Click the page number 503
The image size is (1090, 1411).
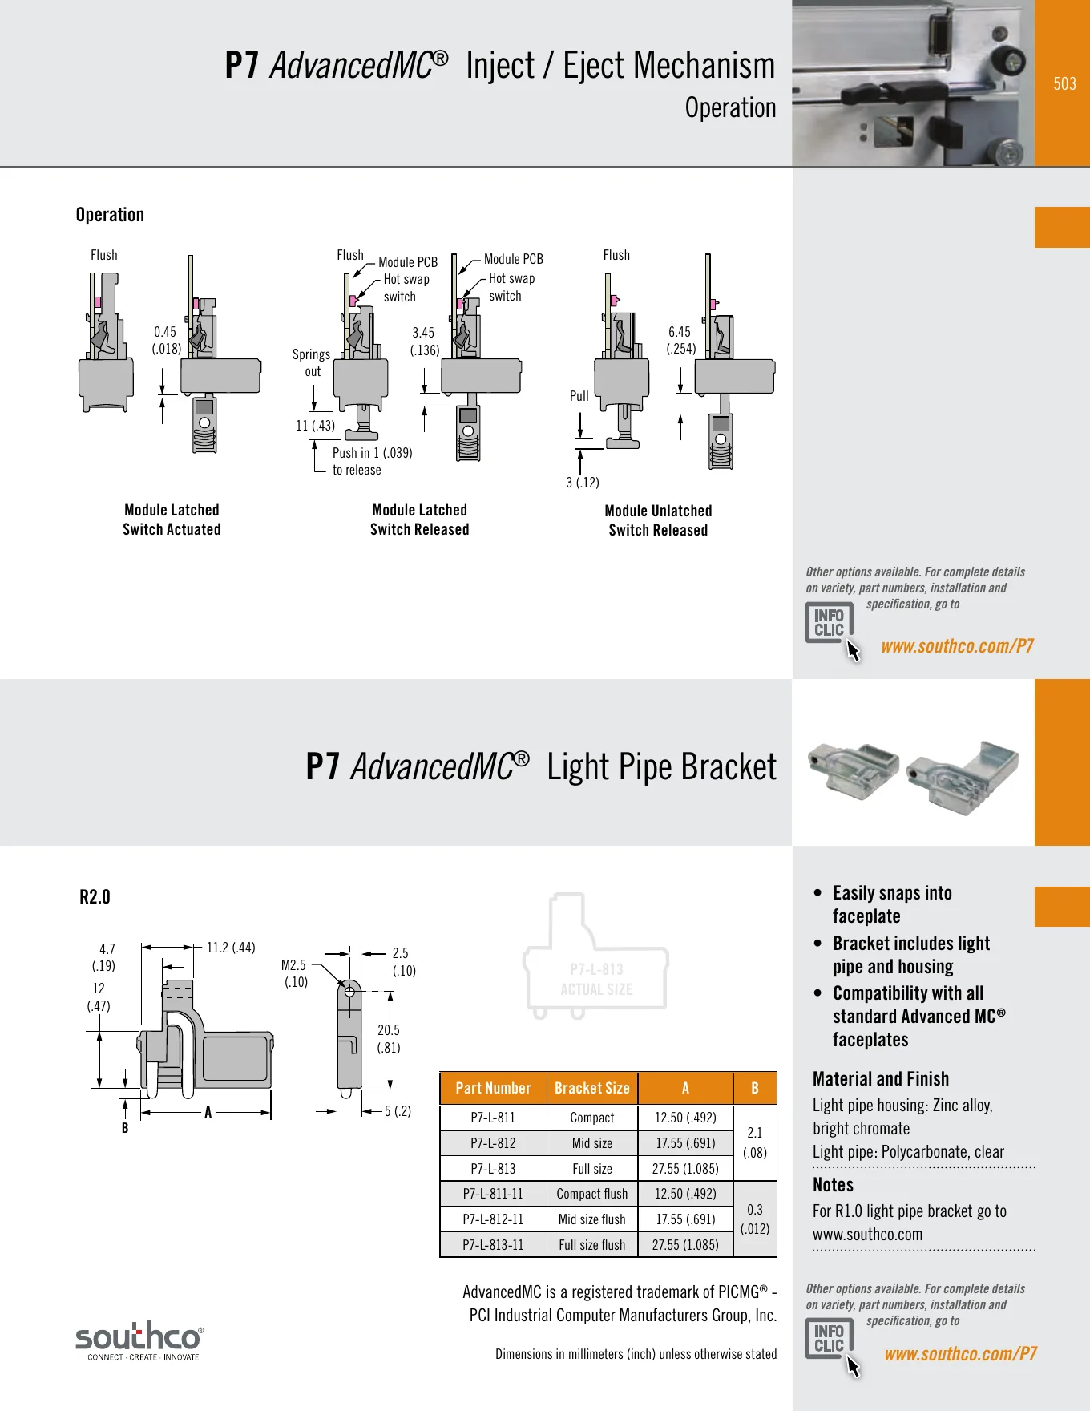tap(1064, 84)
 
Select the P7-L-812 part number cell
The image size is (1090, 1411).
tap(493, 1143)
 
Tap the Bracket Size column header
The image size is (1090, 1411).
tap(592, 1088)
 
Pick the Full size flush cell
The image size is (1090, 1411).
tap(592, 1245)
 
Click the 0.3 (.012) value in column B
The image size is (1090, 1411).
tap(755, 1219)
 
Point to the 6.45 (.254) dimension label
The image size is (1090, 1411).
tap(680, 340)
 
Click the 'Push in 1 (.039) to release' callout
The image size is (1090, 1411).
tap(373, 462)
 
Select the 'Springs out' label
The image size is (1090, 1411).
tap(311, 362)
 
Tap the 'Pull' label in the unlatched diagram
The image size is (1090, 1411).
tap(579, 396)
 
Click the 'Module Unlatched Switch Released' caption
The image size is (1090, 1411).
tap(658, 520)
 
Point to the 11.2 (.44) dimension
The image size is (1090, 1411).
tap(231, 948)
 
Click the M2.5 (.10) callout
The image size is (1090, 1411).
tap(295, 973)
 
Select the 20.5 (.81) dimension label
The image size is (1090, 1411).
tap(389, 1039)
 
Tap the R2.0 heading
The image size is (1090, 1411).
tap(95, 897)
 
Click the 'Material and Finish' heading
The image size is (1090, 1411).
tap(881, 1079)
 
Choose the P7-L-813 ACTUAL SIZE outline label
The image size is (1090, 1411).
tap(596, 980)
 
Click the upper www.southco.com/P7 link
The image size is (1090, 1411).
tap(957, 646)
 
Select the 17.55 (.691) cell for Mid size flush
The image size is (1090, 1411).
tap(685, 1219)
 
